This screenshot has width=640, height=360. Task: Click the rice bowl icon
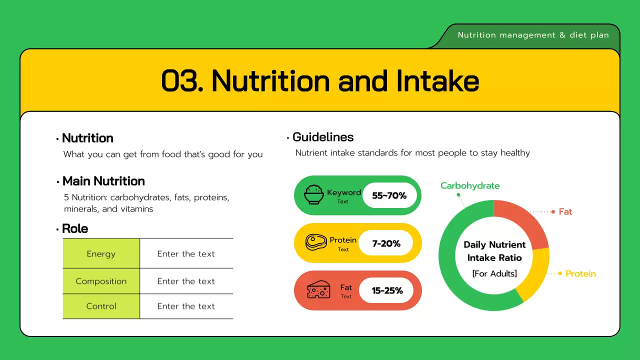point(314,195)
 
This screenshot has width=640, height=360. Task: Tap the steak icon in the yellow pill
point(316,243)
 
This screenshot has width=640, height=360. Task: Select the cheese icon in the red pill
point(318,290)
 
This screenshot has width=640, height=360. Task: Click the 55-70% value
point(389,195)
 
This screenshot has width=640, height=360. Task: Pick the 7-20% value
point(386,243)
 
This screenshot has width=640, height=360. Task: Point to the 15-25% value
point(387,290)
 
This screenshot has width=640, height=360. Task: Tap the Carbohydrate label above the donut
point(470,185)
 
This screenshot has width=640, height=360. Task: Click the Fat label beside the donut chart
point(565,211)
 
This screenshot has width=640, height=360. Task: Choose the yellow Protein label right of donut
point(580,273)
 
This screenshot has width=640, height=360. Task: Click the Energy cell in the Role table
point(101,254)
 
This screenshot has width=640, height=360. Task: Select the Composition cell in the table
point(101,281)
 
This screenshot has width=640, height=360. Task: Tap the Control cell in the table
point(101,306)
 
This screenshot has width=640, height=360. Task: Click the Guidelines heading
point(323,137)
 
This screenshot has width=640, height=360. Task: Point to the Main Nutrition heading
point(103,181)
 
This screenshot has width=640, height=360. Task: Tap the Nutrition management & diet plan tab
point(533,35)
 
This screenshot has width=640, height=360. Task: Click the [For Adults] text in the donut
point(494,273)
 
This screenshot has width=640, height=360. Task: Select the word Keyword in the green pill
point(343,192)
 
